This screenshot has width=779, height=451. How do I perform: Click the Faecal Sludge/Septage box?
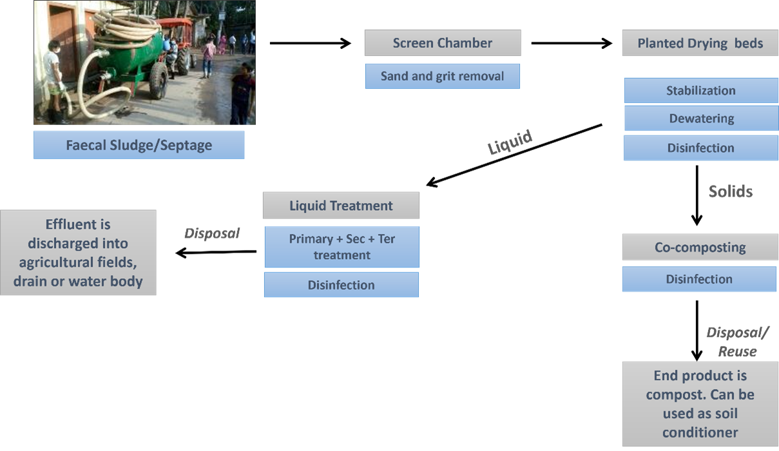pyautogui.click(x=139, y=145)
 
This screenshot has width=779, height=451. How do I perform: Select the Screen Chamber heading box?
pyautogui.click(x=443, y=43)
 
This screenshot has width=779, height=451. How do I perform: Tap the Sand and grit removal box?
pyautogui.click(x=442, y=76)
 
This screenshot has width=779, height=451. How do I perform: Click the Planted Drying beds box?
pyautogui.click(x=700, y=43)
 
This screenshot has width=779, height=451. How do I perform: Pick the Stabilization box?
pyautogui.click(x=700, y=91)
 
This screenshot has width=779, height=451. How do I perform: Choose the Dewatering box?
pyautogui.click(x=701, y=119)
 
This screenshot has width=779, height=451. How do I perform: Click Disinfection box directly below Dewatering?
pyautogui.click(x=700, y=148)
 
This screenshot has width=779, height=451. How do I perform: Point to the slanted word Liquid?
pyautogui.click(x=510, y=142)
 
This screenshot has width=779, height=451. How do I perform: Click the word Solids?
pyautogui.click(x=730, y=191)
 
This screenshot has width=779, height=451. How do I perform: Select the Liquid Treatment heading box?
pyautogui.click(x=341, y=206)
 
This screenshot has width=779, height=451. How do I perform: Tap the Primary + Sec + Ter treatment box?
pyautogui.click(x=341, y=247)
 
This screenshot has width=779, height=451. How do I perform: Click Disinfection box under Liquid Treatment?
pyautogui.click(x=341, y=285)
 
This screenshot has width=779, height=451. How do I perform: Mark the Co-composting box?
pyautogui.click(x=700, y=247)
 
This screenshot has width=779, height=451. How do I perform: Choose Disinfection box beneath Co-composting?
pyautogui.click(x=699, y=279)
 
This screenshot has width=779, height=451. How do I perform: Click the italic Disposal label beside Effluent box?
pyautogui.click(x=212, y=233)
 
